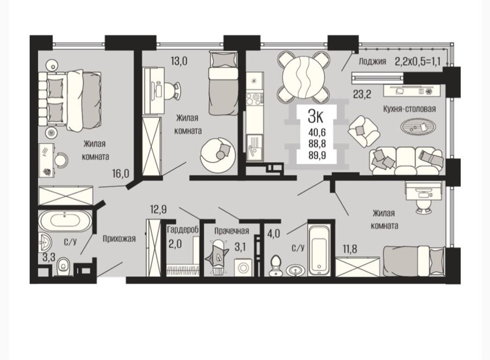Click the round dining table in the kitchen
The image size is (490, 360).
tap(303, 77)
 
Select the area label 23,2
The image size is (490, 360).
tap(362, 94)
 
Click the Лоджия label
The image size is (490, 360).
tap(372, 62)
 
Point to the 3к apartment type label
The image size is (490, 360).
tap(315, 117)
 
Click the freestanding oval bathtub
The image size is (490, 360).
tap(65, 221)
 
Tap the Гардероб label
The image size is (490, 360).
tap(183, 230)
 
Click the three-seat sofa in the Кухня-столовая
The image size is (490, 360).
tap(406, 161)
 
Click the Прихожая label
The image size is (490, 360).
tap(119, 239)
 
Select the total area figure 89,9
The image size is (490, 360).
tap(317, 155)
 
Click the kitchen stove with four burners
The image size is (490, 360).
tap(254, 99)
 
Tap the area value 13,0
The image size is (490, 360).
tap(179, 61)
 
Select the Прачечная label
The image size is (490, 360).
tap(231, 231)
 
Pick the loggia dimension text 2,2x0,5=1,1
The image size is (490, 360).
tap(418, 61)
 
